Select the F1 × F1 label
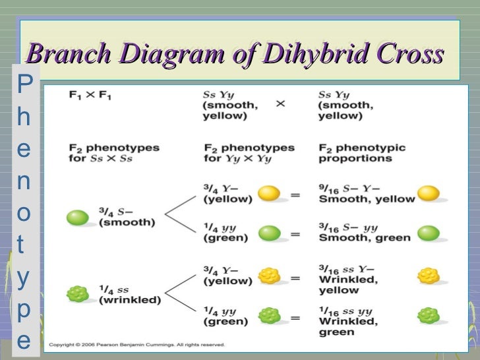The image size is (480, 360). [x=90, y=96]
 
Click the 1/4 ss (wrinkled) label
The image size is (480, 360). [x=129, y=293]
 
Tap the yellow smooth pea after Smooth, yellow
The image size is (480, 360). [x=429, y=193]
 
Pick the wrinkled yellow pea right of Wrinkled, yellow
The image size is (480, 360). [x=429, y=276]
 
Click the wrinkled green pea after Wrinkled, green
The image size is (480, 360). [x=429, y=315]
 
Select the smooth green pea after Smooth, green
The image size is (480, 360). [x=429, y=233]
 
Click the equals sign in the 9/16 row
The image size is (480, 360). [x=295, y=195]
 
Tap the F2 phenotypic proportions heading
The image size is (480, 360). [x=361, y=153]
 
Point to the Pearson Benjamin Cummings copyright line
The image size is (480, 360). [x=137, y=345]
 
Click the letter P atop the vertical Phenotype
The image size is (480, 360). [x=24, y=83]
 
